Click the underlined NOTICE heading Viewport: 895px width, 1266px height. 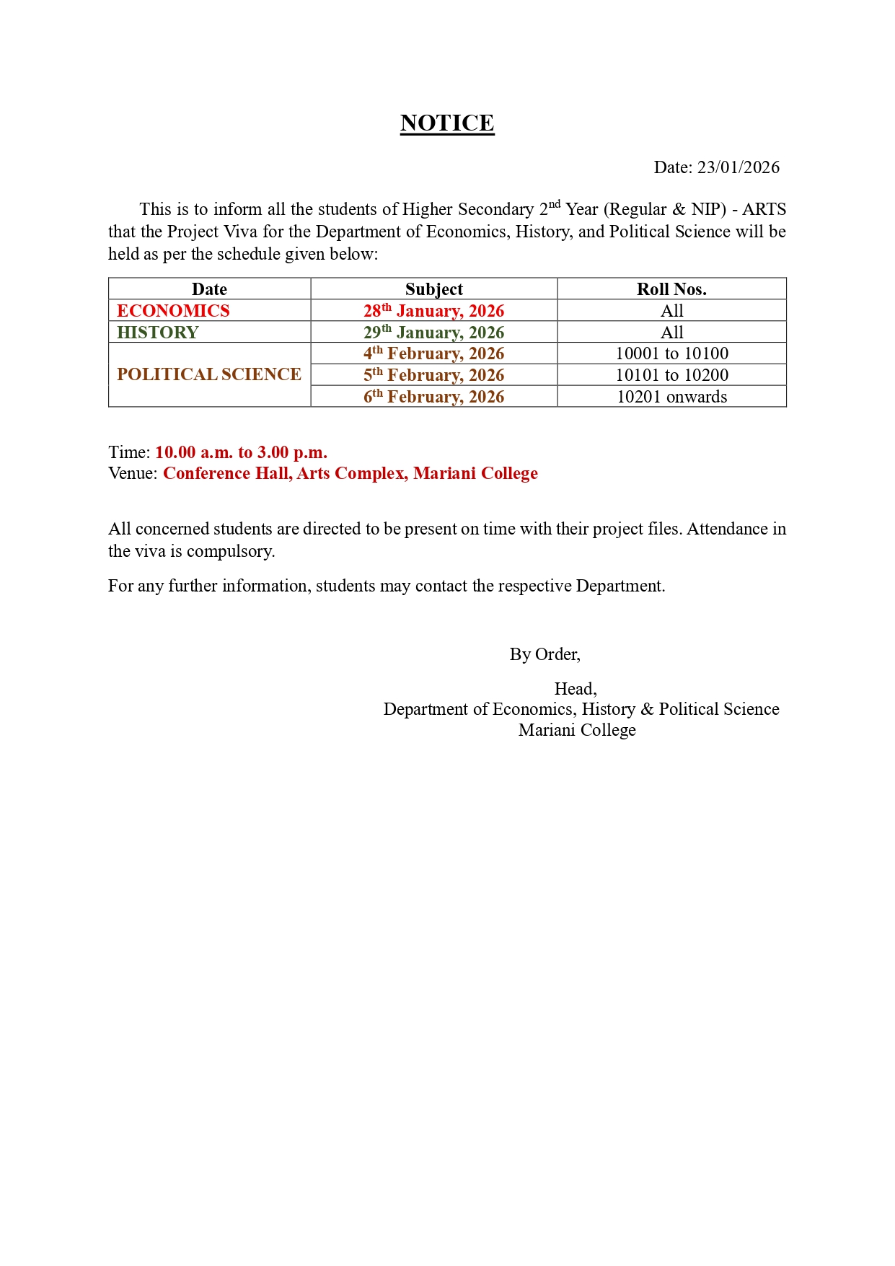pos(447,123)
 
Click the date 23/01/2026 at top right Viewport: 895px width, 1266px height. pos(738,167)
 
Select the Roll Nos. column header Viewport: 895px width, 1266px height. pos(671,289)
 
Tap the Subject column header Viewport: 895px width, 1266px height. pos(433,289)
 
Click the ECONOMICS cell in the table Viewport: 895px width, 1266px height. pos(173,311)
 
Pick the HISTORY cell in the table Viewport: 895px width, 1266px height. pos(158,333)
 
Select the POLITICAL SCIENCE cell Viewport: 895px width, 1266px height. pos(209,374)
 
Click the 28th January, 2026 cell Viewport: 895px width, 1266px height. pos(433,311)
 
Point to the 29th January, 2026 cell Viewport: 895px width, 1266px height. pos(433,333)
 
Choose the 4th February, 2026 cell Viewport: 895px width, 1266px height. pos(433,353)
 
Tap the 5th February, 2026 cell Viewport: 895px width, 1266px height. pos(433,375)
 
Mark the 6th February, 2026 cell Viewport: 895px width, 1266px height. pos(433,397)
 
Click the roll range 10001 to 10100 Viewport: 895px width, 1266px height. pos(671,353)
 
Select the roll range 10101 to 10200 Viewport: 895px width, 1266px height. pos(671,375)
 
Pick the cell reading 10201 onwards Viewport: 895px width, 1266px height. pos(671,397)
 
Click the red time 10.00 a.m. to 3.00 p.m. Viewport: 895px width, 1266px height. pos(241,452)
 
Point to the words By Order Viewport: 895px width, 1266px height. pos(545,654)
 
